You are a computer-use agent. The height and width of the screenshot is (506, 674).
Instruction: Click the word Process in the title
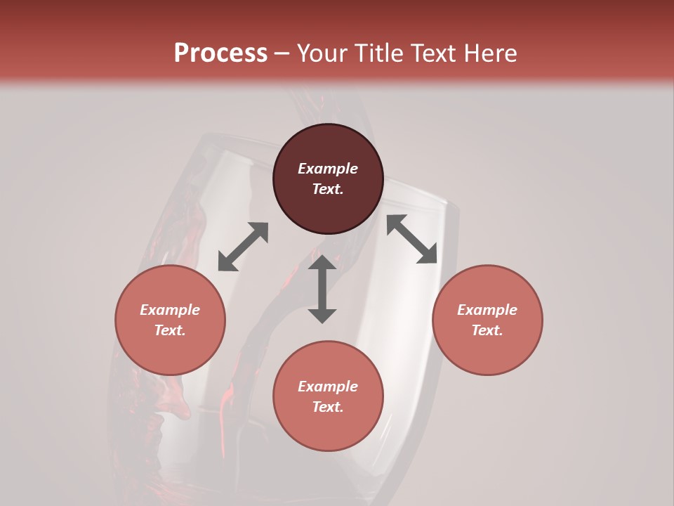coord(220,53)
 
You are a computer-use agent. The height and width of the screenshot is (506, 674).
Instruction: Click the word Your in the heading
coord(324,53)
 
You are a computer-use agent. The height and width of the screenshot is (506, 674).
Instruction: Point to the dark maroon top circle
coord(328,148)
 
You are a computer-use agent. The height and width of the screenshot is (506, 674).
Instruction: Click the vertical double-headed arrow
coord(322,289)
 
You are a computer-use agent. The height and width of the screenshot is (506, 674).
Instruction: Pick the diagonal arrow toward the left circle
coord(243,247)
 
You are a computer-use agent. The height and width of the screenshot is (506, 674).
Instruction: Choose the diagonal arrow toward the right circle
coord(411,239)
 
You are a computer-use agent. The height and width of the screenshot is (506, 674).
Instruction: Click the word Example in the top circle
coord(328,169)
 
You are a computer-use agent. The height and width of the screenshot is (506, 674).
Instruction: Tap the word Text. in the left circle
coord(170,330)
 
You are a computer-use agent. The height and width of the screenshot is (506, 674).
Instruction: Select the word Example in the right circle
coord(487,310)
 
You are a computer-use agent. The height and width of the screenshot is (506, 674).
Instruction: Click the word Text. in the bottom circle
coord(328,407)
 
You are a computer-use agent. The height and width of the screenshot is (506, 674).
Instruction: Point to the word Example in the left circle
coord(170,310)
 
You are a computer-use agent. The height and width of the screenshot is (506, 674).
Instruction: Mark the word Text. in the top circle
coord(328,189)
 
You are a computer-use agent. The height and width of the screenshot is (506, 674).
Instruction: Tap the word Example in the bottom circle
coord(328,387)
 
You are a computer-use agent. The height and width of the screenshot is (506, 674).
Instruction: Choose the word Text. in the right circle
coord(487,330)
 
